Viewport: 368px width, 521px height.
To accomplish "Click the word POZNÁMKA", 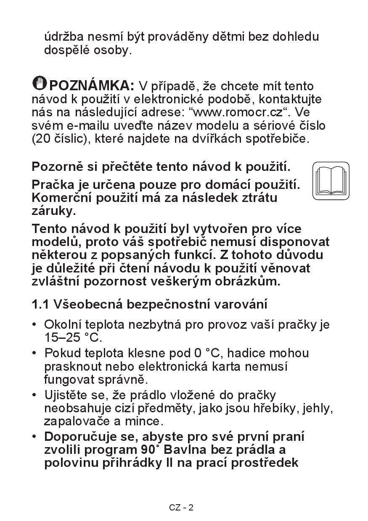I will (92, 86).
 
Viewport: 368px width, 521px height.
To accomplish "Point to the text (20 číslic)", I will (58, 139).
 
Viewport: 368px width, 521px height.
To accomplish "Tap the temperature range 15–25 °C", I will (73, 338).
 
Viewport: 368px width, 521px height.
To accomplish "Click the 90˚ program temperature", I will (151, 450).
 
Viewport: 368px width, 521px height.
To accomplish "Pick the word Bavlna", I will (185, 450).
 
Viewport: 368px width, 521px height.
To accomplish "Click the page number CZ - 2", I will (181, 508).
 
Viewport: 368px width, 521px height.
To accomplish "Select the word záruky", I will (54, 211).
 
